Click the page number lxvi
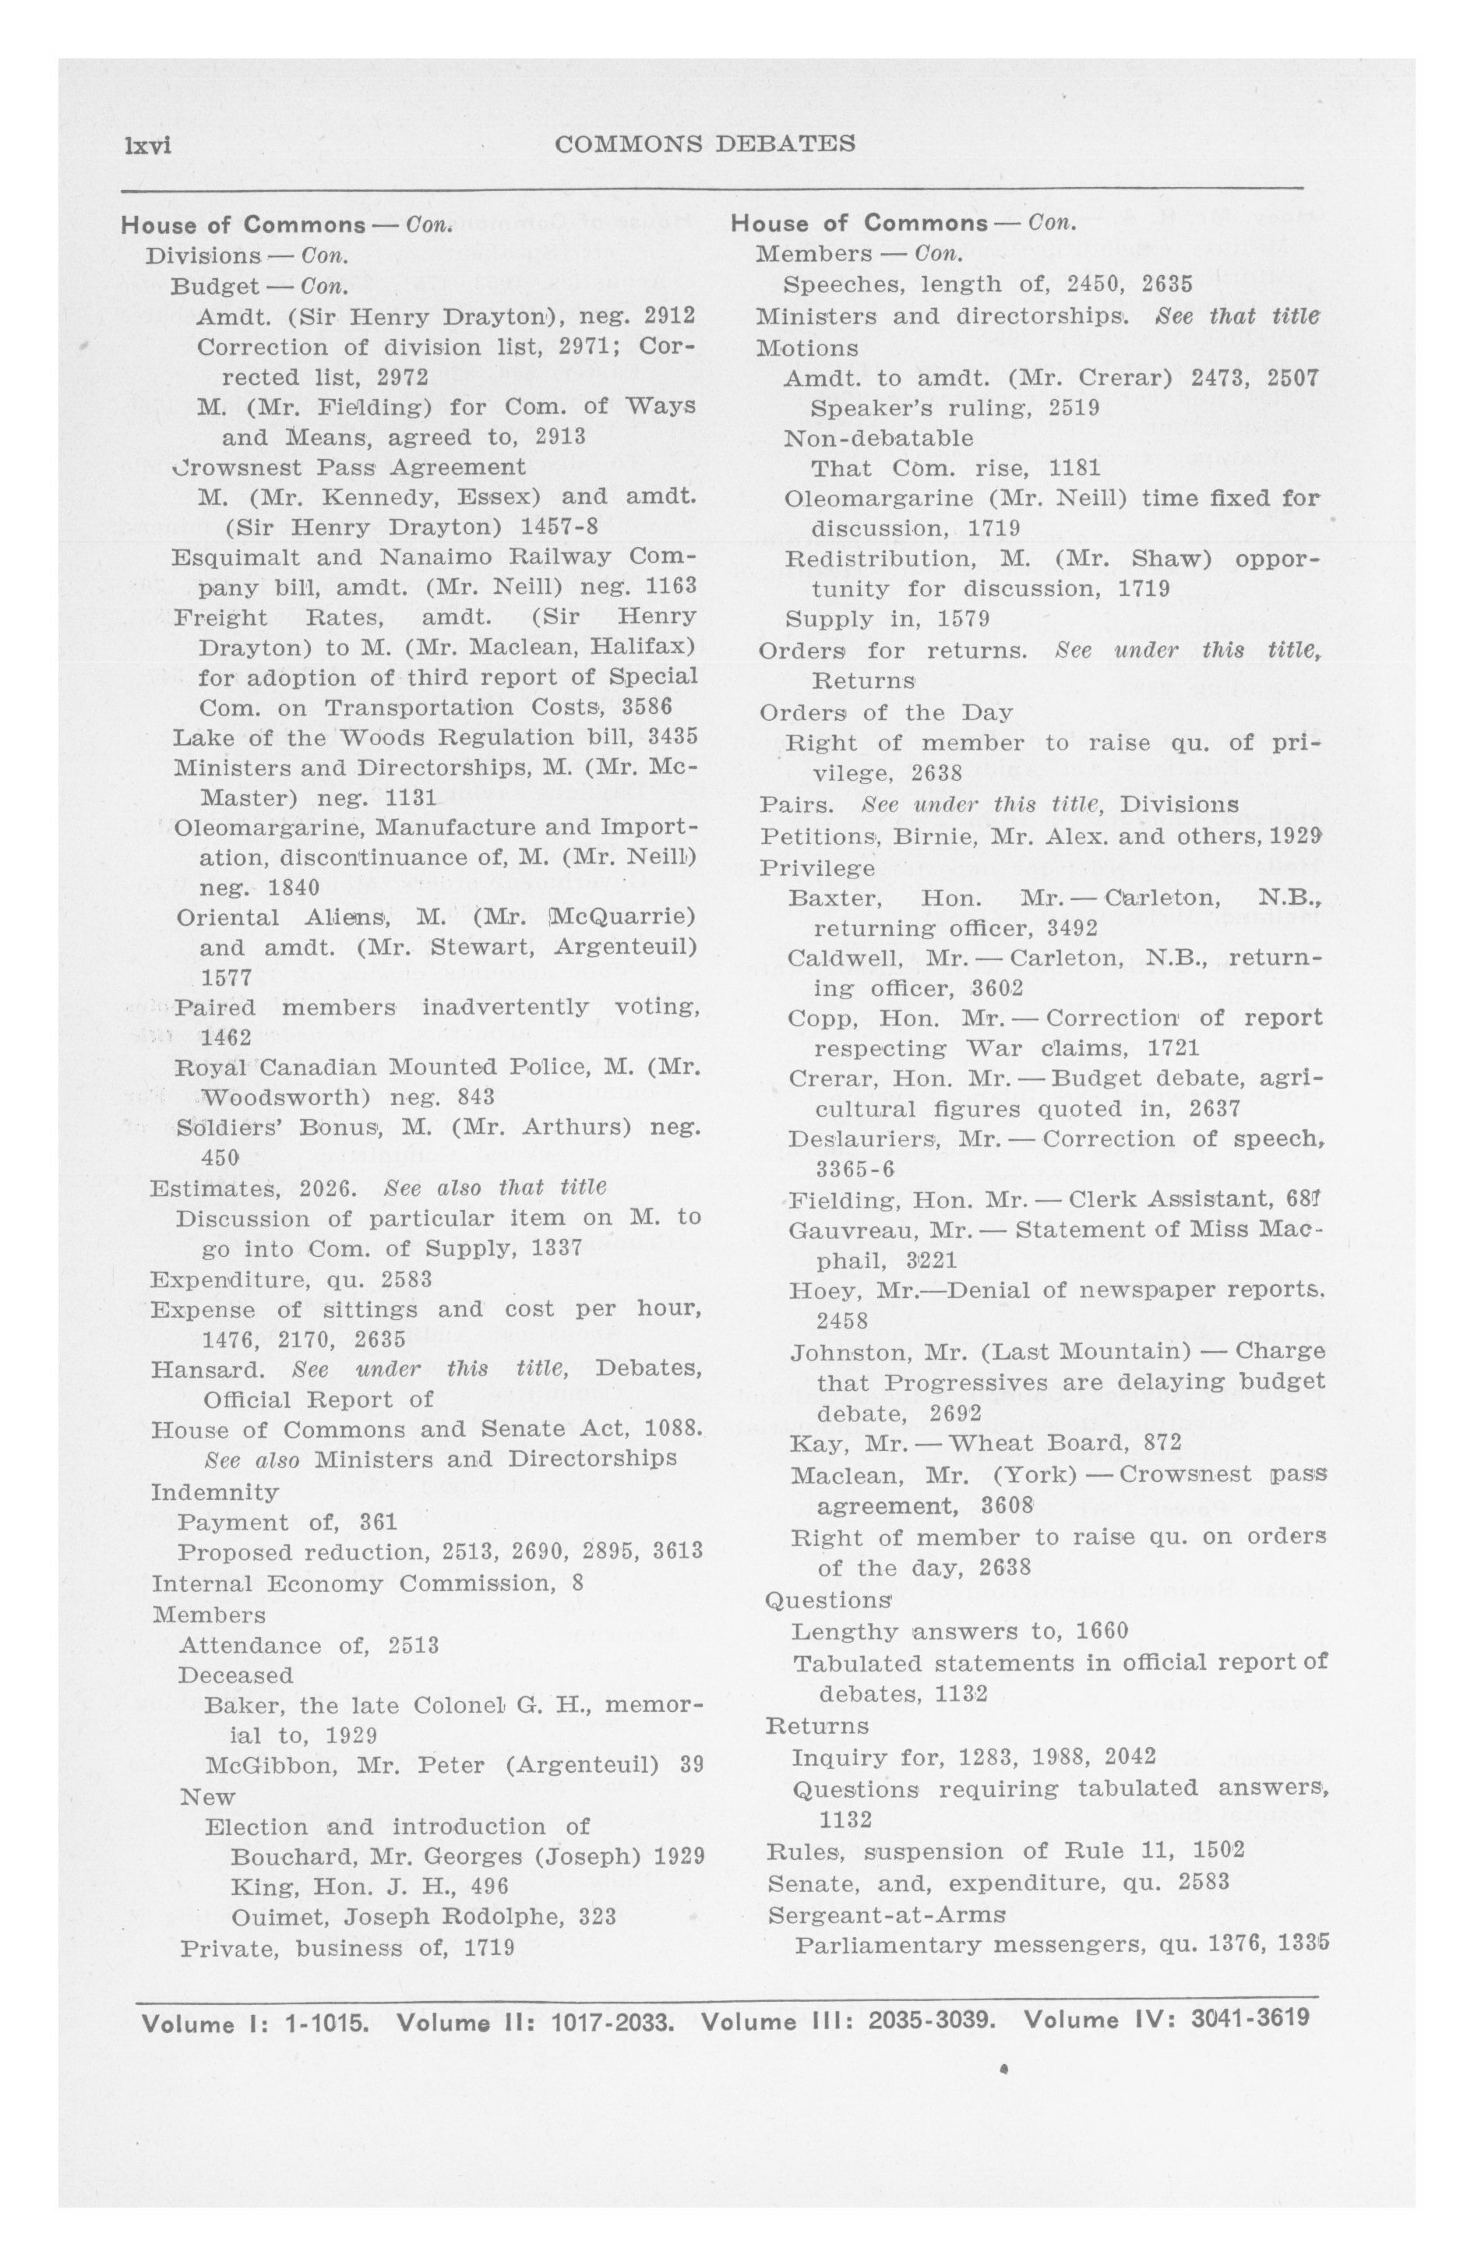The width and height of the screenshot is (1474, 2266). coord(144,146)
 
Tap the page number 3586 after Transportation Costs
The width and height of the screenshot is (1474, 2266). coord(647,708)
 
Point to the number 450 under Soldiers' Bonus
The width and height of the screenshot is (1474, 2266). coord(219,1159)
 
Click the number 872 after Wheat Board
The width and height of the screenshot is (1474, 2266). coord(1162,1442)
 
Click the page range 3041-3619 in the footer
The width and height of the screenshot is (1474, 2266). coord(1250,2018)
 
